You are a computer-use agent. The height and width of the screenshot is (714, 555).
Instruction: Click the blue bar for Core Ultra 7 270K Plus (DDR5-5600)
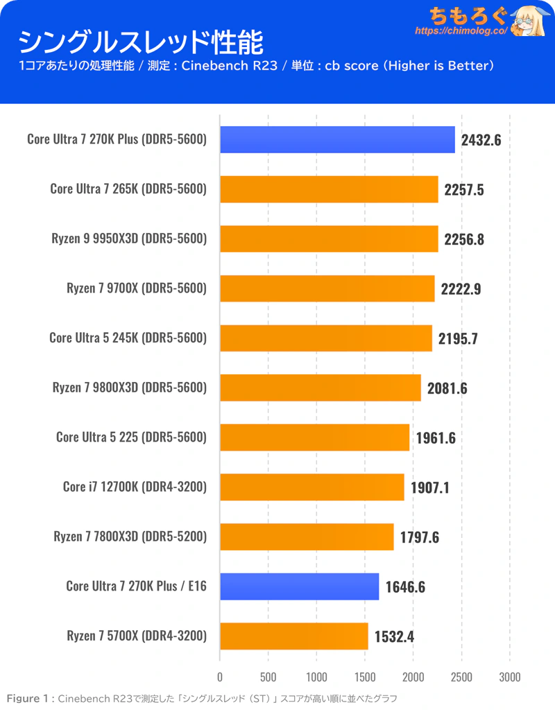tap(337, 139)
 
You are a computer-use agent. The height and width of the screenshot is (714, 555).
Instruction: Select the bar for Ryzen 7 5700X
tap(293, 636)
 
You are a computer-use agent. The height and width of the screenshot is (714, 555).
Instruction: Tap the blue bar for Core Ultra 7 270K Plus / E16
tap(299, 586)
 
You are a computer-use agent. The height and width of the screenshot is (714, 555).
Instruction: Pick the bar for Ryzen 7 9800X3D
tap(320, 388)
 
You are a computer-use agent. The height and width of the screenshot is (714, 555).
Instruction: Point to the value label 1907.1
tap(429, 487)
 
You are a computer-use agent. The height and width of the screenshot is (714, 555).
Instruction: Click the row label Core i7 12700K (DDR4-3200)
tap(135, 487)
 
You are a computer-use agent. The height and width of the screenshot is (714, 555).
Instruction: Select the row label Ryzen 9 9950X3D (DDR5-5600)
tap(129, 238)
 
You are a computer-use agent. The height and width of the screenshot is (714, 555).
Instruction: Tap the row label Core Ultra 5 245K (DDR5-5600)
tap(128, 338)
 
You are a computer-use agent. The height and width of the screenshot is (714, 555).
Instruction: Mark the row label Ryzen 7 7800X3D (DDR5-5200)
tap(130, 537)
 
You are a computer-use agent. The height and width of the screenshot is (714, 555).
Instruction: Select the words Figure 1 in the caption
tap(27, 698)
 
